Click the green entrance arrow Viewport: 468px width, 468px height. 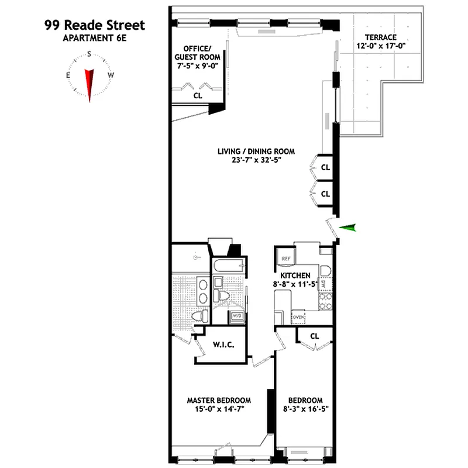pyautogui.click(x=348, y=228)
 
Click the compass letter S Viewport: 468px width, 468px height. pyautogui.click(x=89, y=54)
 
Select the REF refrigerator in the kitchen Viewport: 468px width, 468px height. pyautogui.click(x=287, y=257)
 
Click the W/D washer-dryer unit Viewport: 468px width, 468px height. pyautogui.click(x=238, y=316)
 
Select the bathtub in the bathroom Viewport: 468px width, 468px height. pyautogui.click(x=228, y=266)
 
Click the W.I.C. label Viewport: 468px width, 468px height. pyautogui.click(x=223, y=345)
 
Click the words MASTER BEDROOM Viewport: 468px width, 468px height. pyautogui.click(x=219, y=401)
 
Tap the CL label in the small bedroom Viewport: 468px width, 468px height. pyautogui.click(x=314, y=336)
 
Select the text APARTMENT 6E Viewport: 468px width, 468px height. pyautogui.click(x=94, y=39)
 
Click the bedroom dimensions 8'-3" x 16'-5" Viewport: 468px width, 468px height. pyautogui.click(x=304, y=409)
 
